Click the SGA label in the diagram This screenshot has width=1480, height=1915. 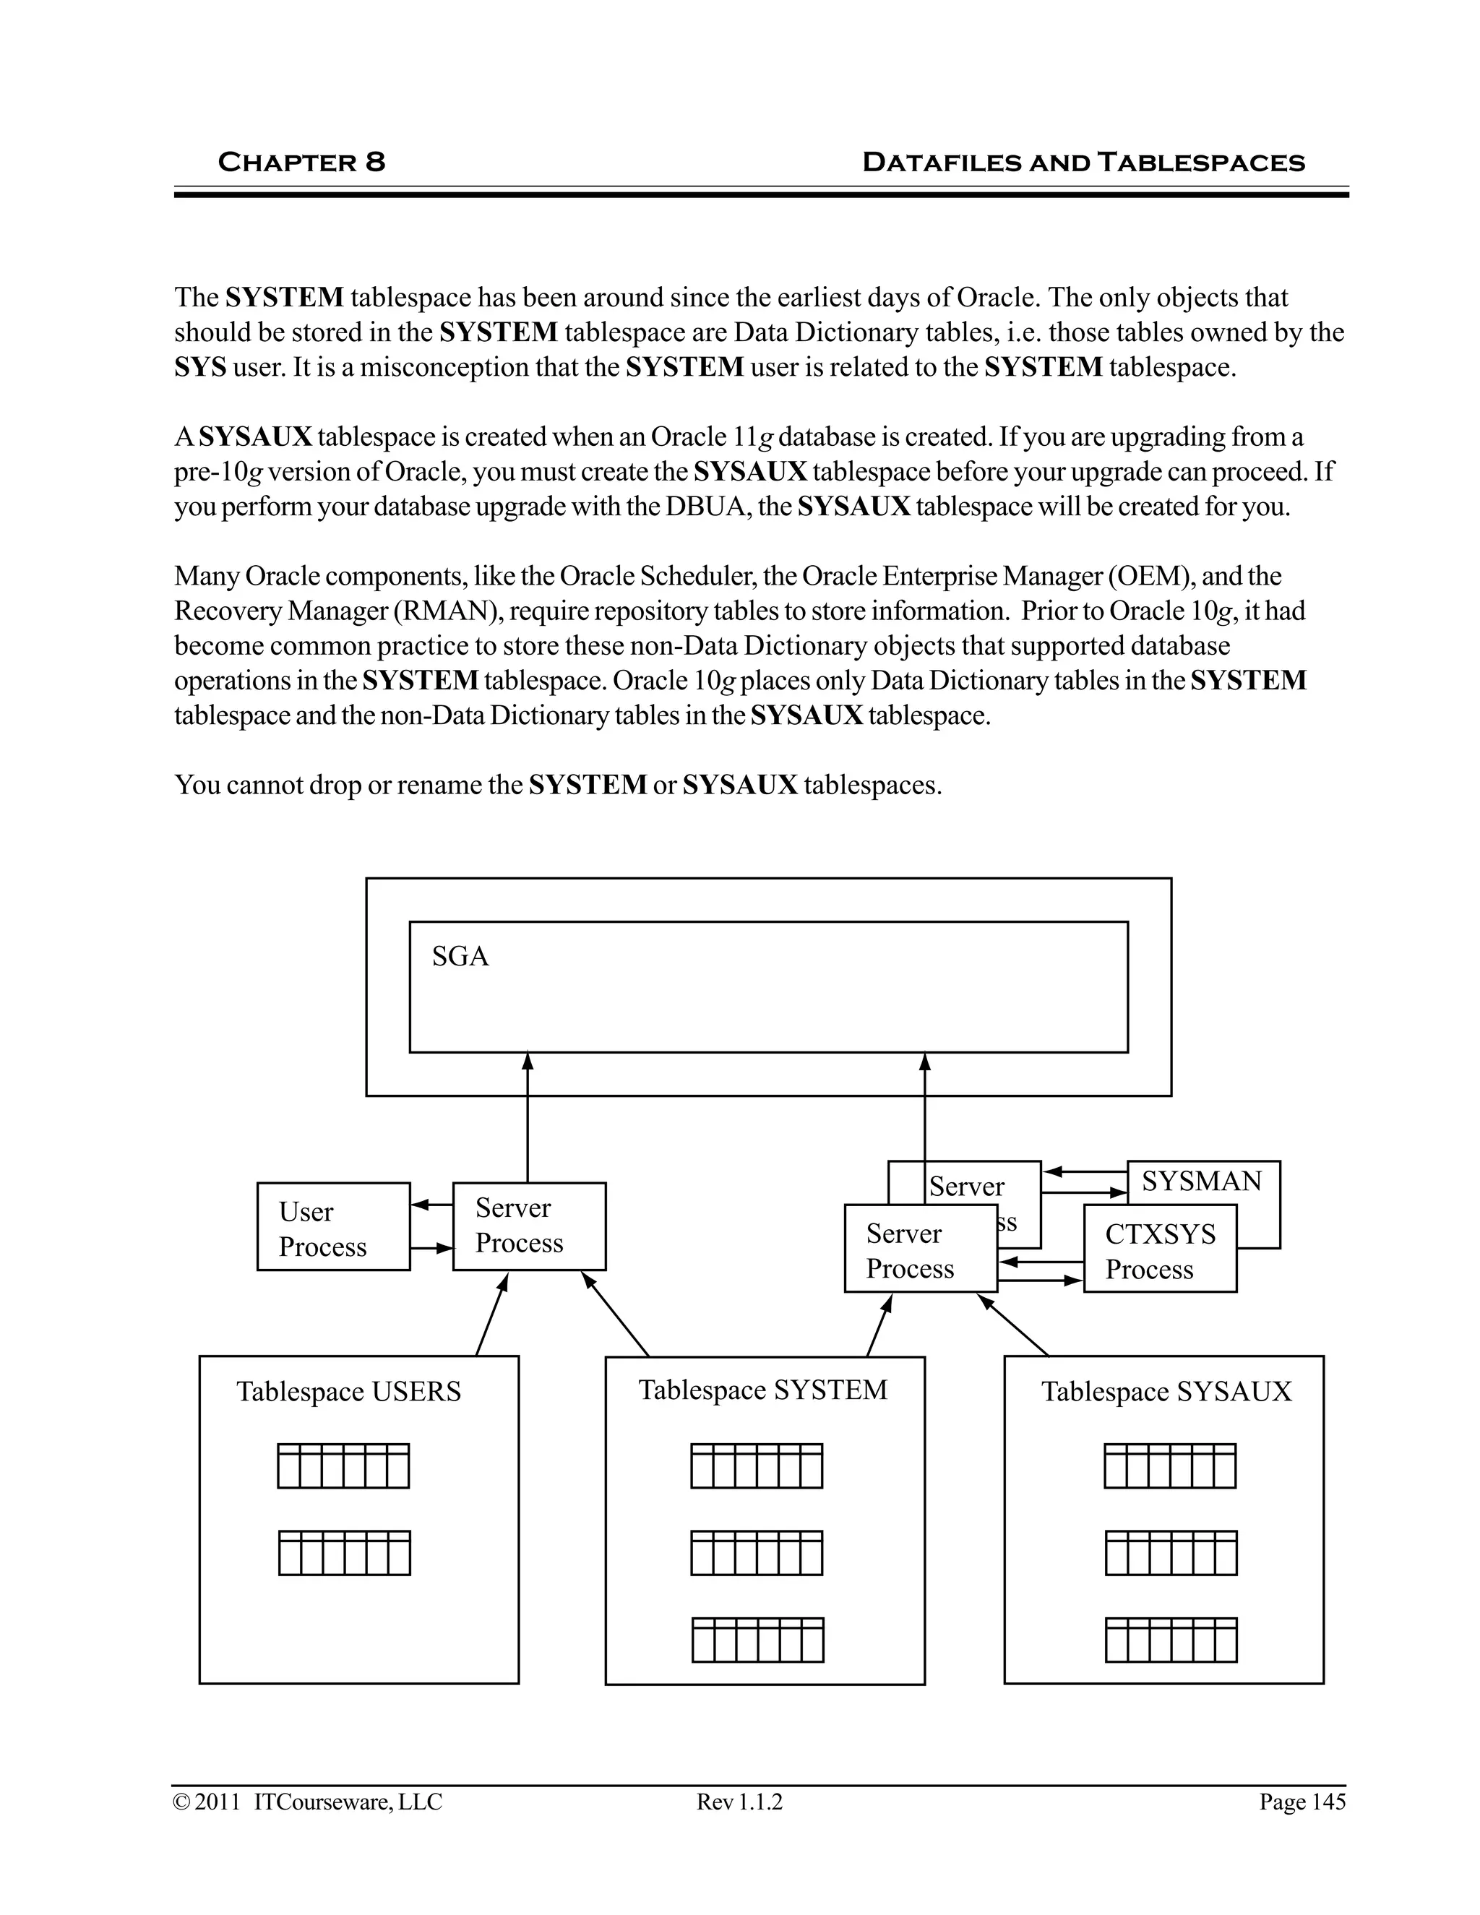coord(460,956)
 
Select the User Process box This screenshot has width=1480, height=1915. coord(333,1228)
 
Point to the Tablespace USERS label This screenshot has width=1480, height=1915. coord(348,1392)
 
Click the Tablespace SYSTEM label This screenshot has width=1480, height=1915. coord(763,1390)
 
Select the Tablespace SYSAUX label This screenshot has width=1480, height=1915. coord(1166,1392)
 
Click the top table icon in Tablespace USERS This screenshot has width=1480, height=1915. coord(343,1466)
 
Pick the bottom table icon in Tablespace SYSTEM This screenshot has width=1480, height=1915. coord(757,1640)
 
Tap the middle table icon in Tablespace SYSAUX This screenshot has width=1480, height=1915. coord(1171,1553)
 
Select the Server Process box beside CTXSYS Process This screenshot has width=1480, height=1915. coord(921,1251)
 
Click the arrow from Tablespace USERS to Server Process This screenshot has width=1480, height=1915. coord(492,1315)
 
